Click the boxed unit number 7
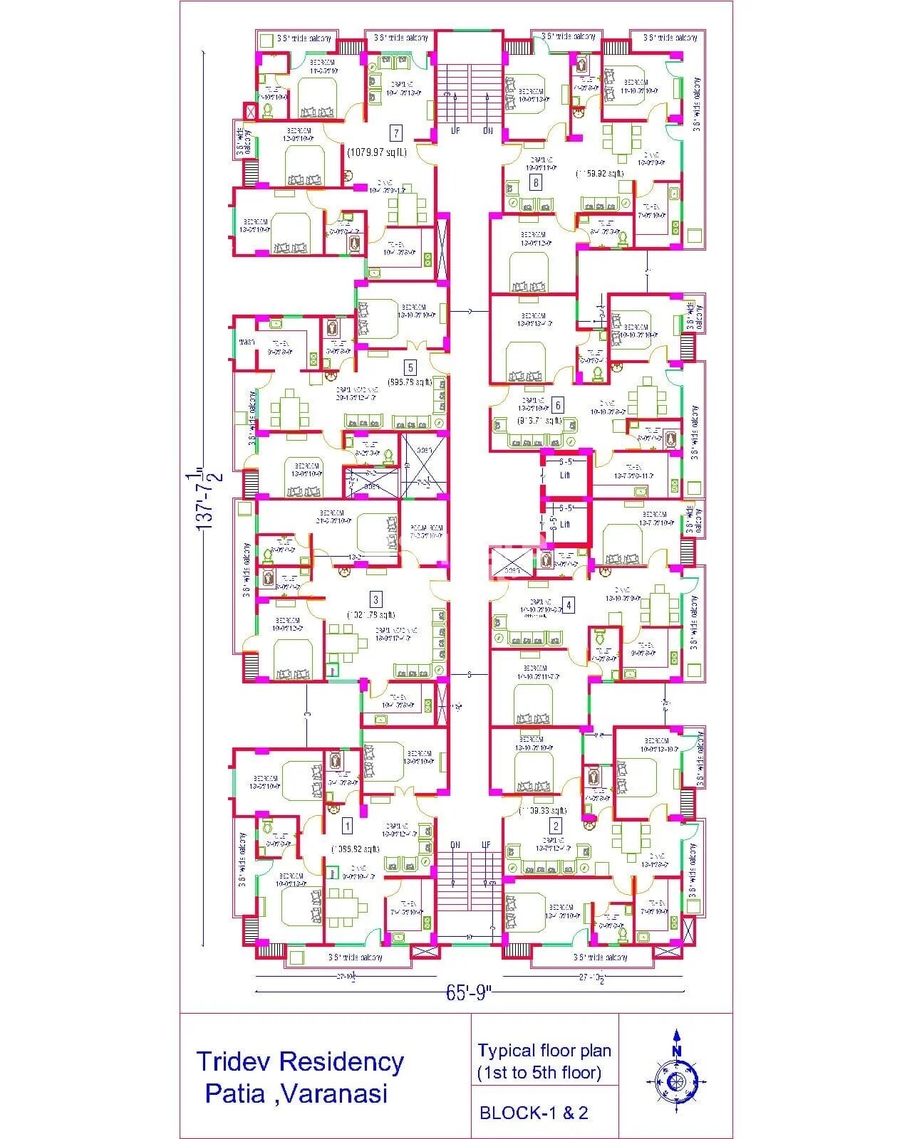(396, 133)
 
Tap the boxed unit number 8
(536, 183)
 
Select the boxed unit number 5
(410, 367)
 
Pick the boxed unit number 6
(558, 406)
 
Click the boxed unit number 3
(376, 599)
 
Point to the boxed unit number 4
(568, 605)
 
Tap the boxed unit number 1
(347, 826)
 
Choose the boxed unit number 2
(556, 826)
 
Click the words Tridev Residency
(300, 1061)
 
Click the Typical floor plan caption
(544, 1051)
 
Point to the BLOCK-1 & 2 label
(534, 1113)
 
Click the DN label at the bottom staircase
(455, 845)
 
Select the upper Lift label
(565, 475)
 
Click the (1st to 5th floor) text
(539, 1072)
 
